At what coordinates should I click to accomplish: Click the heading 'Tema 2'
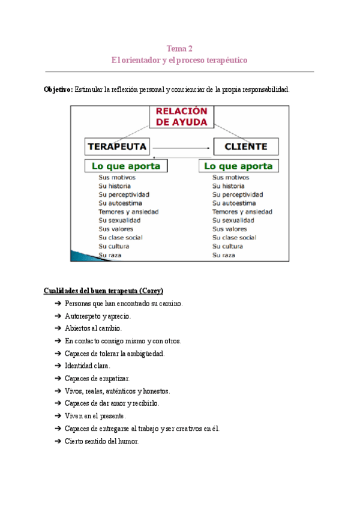pyautogui.click(x=179, y=49)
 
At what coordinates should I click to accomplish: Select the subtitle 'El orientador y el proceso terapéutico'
pyautogui.click(x=179, y=61)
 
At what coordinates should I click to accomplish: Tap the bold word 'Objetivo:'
pyautogui.click(x=58, y=89)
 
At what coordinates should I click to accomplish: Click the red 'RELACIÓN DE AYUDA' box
pyautogui.click(x=181, y=116)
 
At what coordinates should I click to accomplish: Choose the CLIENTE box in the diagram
pyautogui.click(x=245, y=146)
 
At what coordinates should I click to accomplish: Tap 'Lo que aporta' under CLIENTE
pyautogui.click(x=239, y=166)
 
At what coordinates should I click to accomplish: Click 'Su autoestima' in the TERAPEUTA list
pyautogui.click(x=121, y=203)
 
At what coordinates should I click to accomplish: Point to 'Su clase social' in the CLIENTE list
pyautogui.click(x=235, y=238)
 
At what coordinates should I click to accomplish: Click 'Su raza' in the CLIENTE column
pyautogui.click(x=224, y=255)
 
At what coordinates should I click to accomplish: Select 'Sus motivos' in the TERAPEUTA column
pyautogui.click(x=117, y=178)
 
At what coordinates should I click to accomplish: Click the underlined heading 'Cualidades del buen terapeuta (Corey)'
pyautogui.click(x=103, y=291)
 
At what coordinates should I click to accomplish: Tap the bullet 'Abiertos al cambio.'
pyautogui.click(x=92, y=328)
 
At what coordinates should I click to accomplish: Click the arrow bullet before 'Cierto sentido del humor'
pyautogui.click(x=58, y=441)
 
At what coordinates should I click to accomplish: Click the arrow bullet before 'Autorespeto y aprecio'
pyautogui.click(x=58, y=316)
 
